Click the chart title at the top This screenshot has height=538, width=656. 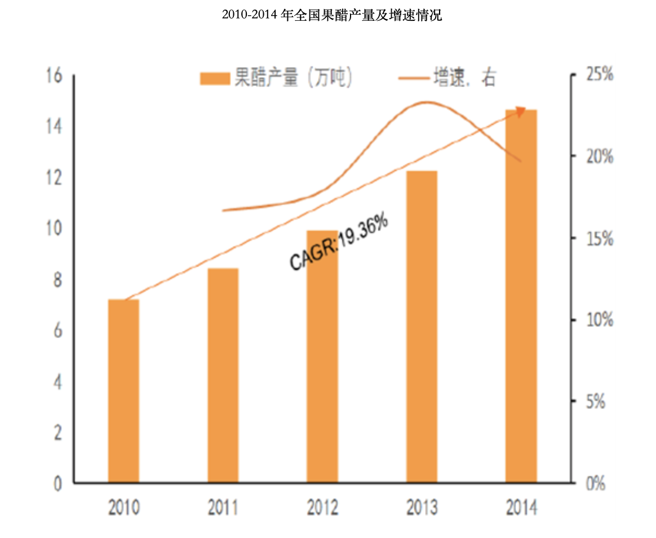click(x=332, y=16)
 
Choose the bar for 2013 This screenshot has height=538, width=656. click(x=422, y=326)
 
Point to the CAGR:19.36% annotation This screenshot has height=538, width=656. click(x=339, y=243)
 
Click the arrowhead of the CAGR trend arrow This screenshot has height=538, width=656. click(x=521, y=111)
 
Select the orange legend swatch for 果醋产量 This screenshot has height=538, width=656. click(x=215, y=79)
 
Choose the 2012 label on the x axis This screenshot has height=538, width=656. click(x=322, y=508)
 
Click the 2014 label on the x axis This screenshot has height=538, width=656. click(x=521, y=508)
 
